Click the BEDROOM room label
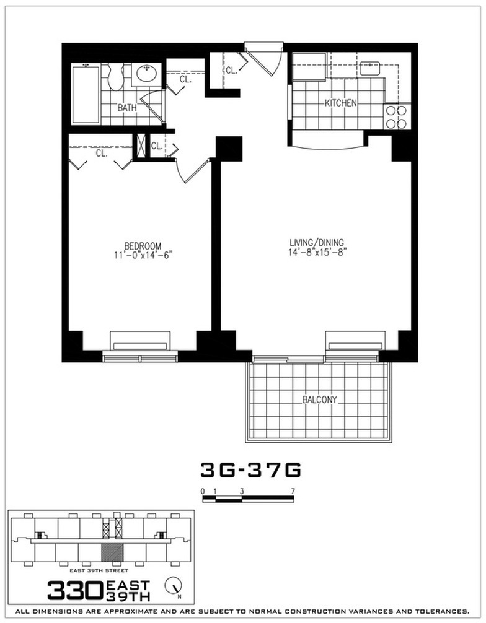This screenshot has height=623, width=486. (143, 245)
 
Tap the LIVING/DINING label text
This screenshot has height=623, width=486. (317, 242)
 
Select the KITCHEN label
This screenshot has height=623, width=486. (341, 103)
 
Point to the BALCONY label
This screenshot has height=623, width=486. (320, 399)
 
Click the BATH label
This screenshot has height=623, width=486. (127, 107)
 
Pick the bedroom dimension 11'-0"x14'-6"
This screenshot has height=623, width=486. (143, 255)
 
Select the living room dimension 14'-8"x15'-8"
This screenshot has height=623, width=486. (317, 251)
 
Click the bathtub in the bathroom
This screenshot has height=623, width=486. (85, 94)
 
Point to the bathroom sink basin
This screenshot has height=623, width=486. (147, 75)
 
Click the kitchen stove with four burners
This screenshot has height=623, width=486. (397, 116)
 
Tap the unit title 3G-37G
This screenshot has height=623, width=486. (250, 471)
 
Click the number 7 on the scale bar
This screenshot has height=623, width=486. (292, 491)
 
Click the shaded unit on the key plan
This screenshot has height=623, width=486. (112, 554)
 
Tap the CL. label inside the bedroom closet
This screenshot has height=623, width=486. (102, 152)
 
